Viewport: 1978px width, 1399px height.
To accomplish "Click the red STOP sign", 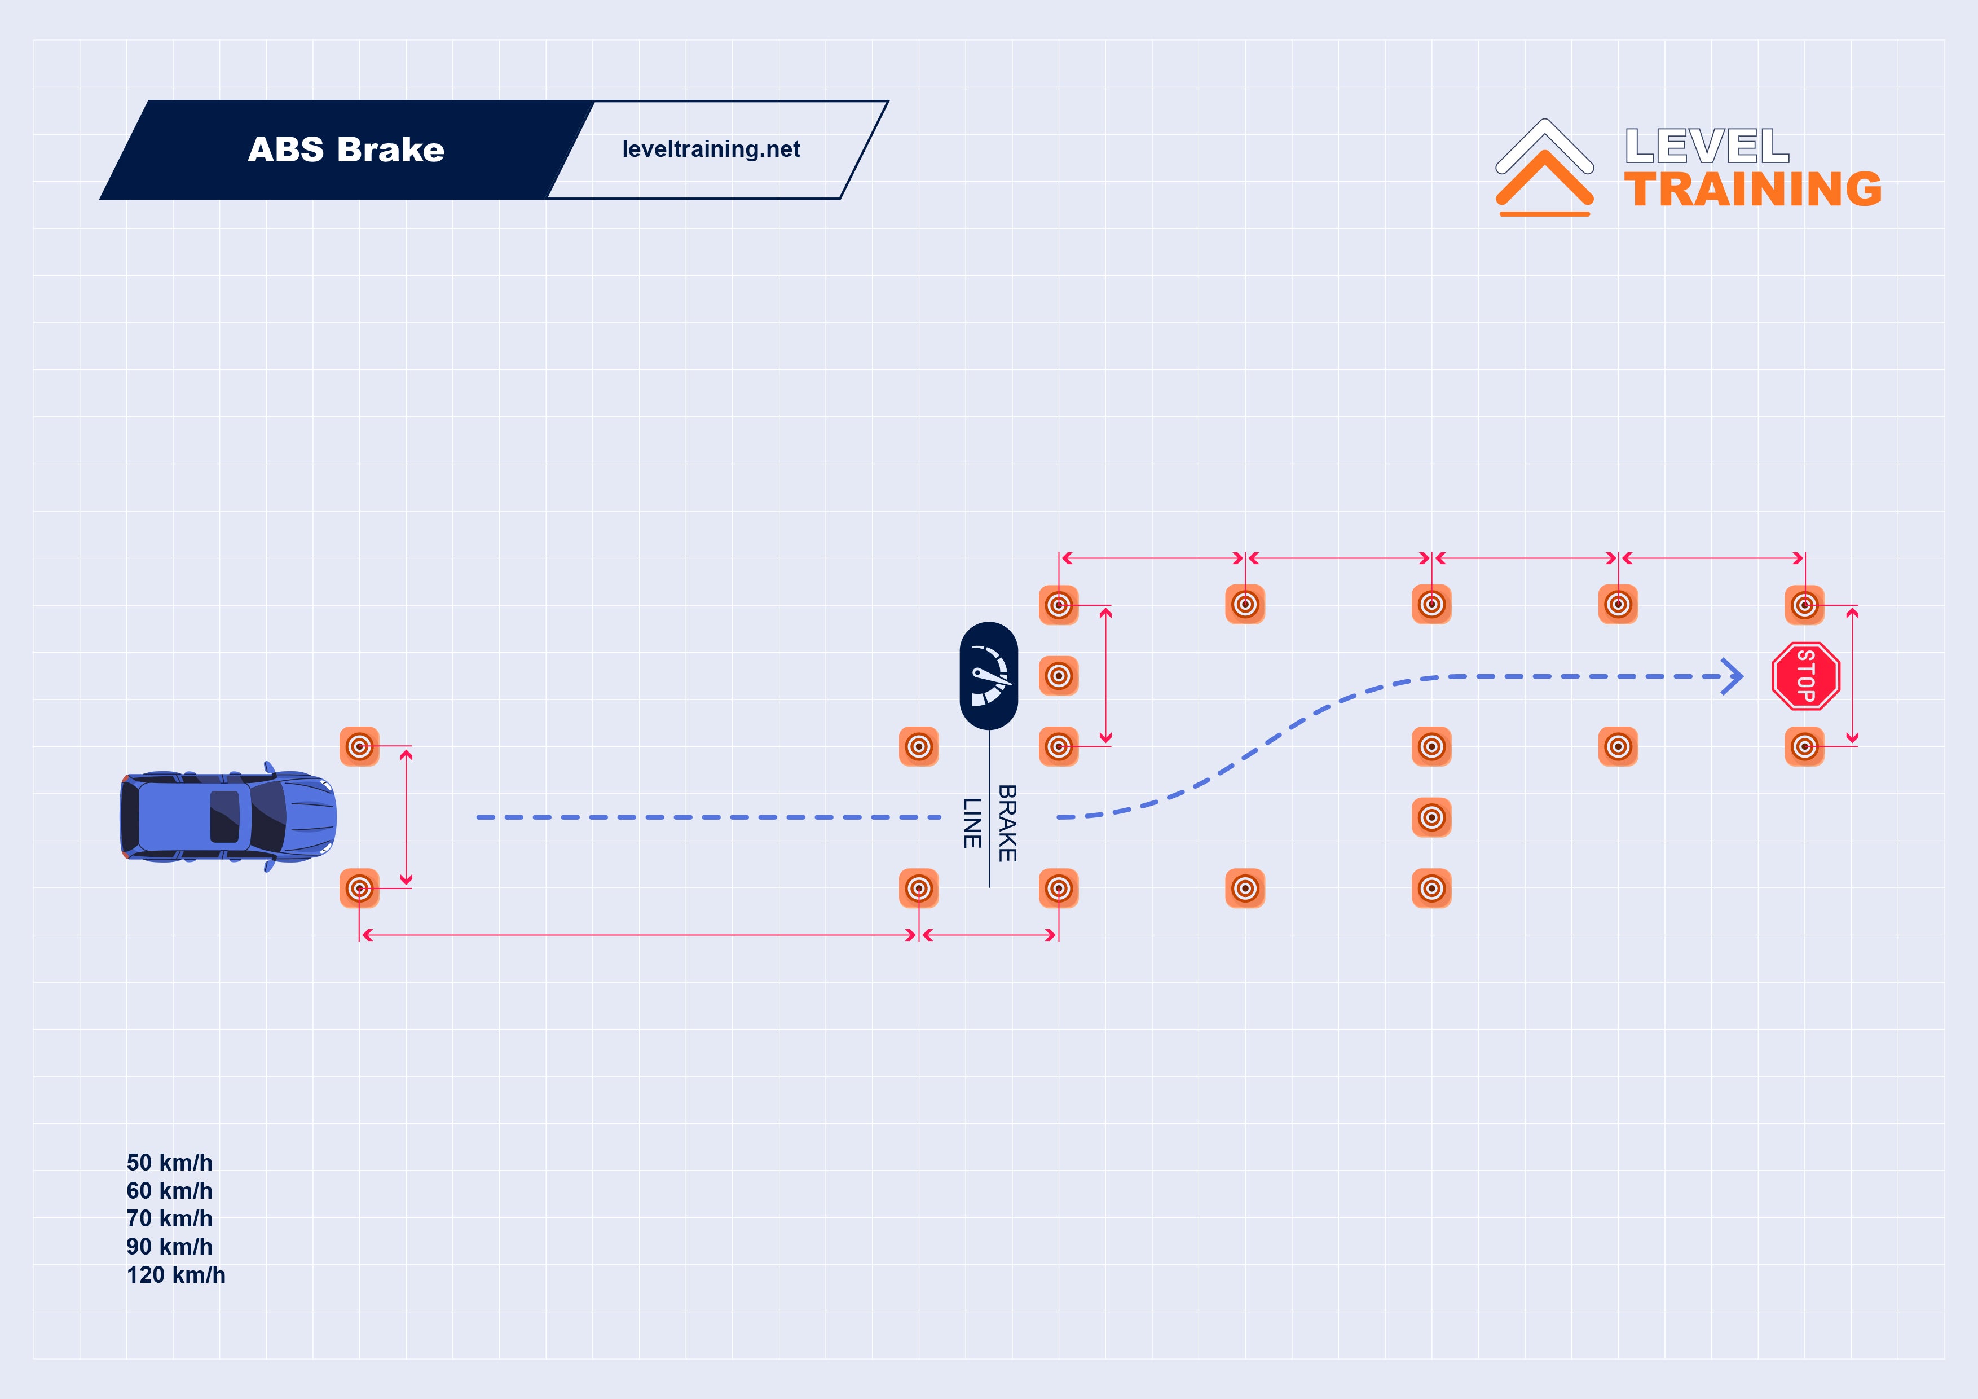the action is pos(1806,676).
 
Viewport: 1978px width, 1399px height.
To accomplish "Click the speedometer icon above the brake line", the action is pos(989,676).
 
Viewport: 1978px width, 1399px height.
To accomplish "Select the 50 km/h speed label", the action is pos(170,1163).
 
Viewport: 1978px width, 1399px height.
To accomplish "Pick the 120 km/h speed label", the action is pos(176,1275).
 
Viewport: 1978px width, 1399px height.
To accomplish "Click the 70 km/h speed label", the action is pos(170,1219).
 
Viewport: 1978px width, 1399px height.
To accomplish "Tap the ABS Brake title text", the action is pos(346,150).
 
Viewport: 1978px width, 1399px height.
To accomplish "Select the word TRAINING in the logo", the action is pos(1753,190).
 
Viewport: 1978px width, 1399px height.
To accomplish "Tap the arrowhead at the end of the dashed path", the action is pos(1733,676).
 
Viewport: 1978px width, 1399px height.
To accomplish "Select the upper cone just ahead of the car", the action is pos(359,746).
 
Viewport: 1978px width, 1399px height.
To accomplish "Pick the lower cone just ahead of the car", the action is pos(359,888).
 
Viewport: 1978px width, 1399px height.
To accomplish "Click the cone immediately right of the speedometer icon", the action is pos(1059,675).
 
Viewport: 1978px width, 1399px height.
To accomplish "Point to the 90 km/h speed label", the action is pos(170,1247).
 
